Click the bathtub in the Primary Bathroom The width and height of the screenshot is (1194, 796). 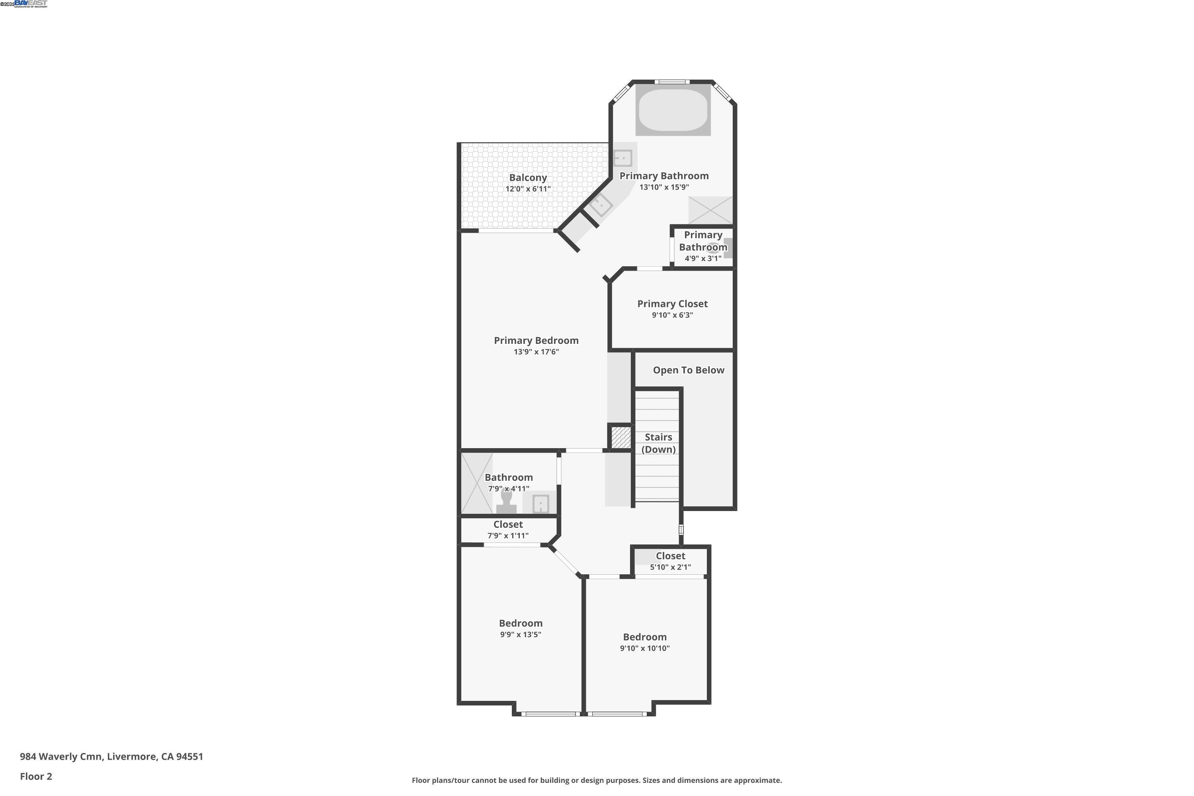point(673,110)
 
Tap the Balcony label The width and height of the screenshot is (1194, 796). point(528,178)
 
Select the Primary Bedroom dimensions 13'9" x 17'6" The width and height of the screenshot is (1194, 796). point(536,352)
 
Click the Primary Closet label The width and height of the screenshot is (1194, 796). point(672,304)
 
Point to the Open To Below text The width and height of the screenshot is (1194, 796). point(689,370)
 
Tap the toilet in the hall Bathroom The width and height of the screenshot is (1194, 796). point(506,502)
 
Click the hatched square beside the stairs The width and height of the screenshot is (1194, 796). point(620,437)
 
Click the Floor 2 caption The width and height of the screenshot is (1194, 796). point(35,776)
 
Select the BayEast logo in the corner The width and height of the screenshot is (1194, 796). point(31,4)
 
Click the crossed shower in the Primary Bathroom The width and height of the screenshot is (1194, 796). point(710,210)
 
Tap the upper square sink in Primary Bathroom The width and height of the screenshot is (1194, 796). point(622,158)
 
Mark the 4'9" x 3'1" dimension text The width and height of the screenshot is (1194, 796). point(702,258)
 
